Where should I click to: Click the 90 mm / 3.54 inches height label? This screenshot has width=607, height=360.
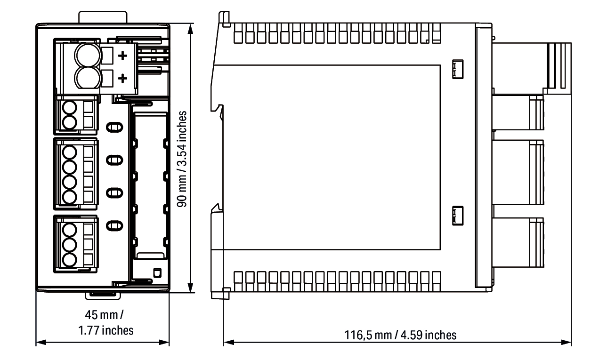[x=182, y=159]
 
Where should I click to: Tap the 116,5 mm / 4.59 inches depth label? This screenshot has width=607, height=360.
[x=400, y=335]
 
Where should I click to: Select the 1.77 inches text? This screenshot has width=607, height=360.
[x=105, y=330]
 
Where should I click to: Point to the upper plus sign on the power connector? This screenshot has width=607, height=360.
[x=123, y=56]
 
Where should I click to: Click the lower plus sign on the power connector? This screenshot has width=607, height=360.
[x=123, y=79]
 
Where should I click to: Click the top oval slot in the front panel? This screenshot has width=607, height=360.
[x=114, y=127]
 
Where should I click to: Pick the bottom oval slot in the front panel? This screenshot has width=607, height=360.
[x=114, y=225]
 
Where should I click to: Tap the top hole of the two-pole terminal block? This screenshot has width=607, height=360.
[x=69, y=108]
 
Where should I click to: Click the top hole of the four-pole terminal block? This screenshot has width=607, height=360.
[x=69, y=152]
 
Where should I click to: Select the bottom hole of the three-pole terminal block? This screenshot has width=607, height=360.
[x=69, y=260]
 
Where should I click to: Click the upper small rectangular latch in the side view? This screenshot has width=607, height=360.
[x=458, y=69]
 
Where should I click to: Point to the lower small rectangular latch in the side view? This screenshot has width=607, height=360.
[x=458, y=216]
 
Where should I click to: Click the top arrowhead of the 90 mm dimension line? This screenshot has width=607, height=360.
[x=191, y=28]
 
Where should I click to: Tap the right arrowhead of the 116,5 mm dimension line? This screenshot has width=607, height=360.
[x=567, y=343]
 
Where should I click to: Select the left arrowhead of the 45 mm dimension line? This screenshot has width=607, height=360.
[x=41, y=343]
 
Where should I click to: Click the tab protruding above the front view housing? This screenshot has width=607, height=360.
[x=103, y=17]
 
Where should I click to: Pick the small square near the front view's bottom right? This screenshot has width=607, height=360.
[x=157, y=273]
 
